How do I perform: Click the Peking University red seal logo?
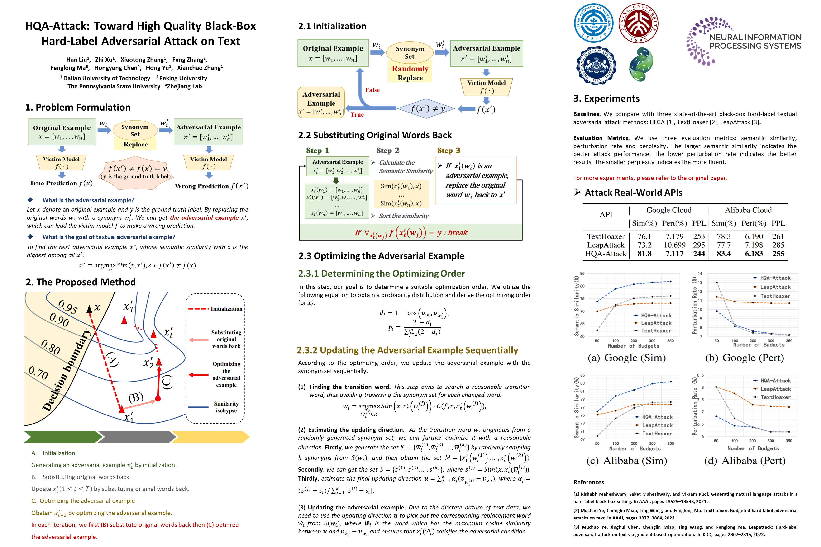pos(639,23)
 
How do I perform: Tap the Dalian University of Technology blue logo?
pos(593,23)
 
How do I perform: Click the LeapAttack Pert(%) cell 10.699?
pos(674,245)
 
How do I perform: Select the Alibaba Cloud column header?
pos(748,210)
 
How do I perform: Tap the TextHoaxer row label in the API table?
pos(606,236)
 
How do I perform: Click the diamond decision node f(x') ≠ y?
pos(426,109)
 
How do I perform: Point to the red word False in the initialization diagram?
pos(372,90)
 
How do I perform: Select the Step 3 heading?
pos(449,150)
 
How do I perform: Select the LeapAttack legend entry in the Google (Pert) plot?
pos(775,287)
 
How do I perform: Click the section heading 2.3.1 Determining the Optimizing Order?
pos(381,273)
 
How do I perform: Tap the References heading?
pos(588,482)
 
